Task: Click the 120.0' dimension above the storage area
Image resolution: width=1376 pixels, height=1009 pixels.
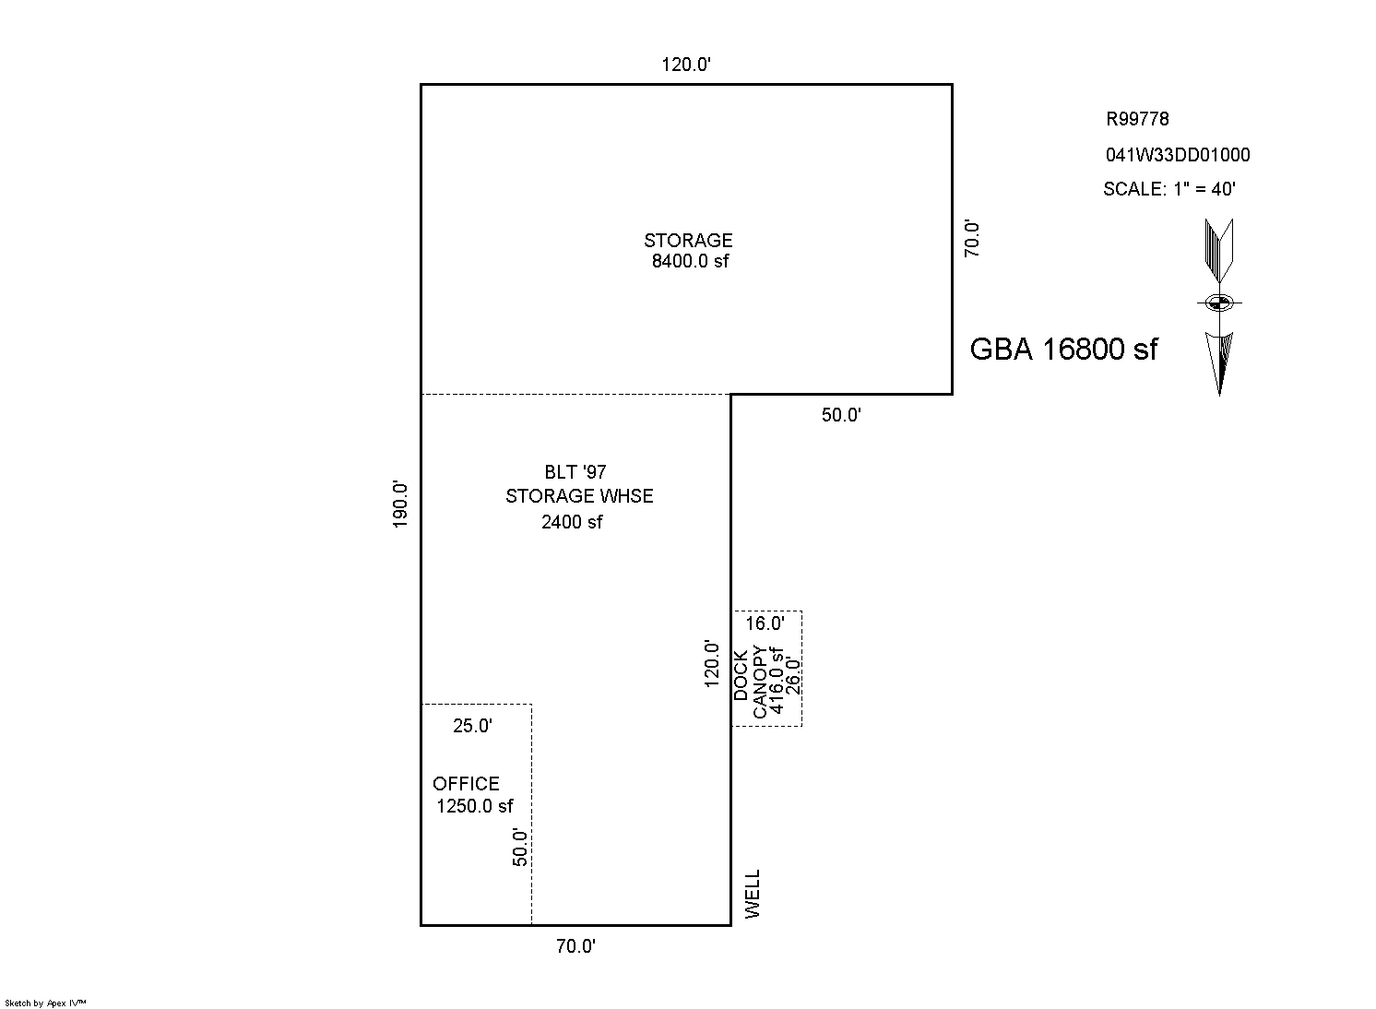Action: point(686,65)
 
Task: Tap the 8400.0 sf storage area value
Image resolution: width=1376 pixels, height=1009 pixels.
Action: point(690,261)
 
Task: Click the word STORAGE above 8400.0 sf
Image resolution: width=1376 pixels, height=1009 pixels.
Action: point(688,241)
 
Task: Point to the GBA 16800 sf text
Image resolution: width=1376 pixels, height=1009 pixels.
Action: point(1063,349)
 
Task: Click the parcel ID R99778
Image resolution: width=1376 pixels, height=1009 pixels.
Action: point(1137,119)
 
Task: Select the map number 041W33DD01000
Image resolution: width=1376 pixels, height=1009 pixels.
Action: point(1178,155)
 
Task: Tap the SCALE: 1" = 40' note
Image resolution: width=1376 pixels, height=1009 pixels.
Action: point(1169,189)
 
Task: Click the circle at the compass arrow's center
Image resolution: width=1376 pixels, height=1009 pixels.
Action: point(1218,303)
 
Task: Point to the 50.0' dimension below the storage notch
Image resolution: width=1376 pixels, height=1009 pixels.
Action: point(841,415)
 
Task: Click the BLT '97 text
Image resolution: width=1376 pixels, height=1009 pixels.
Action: point(575,472)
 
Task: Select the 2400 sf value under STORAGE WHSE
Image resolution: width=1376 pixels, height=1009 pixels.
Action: point(571,522)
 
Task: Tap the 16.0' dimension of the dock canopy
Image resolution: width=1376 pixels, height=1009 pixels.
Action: point(765,623)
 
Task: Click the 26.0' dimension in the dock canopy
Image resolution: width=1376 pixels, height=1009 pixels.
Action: point(794,676)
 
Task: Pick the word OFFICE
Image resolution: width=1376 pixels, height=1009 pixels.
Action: point(466,783)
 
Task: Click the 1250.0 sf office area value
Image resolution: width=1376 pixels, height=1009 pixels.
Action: point(474,805)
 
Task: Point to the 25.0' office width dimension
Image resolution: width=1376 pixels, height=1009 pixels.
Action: point(472,726)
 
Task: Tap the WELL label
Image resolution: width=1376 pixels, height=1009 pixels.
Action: point(753,894)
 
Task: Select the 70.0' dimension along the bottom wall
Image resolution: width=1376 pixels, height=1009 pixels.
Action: point(575,946)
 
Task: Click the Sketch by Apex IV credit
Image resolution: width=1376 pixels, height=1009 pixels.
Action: point(45,1003)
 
